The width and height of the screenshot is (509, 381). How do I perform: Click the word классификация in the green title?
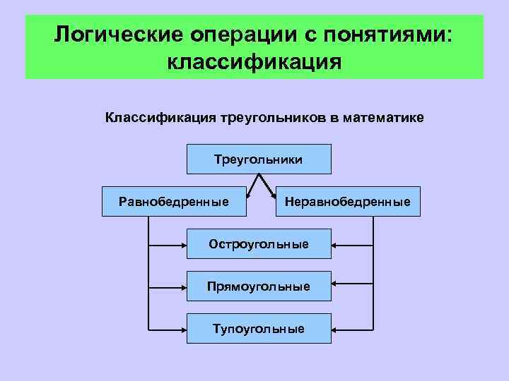coord(255,61)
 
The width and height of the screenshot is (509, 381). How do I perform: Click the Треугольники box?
coord(259,159)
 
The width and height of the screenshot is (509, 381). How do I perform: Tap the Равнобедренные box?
coord(174,202)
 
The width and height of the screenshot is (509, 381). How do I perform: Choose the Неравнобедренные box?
coord(347,202)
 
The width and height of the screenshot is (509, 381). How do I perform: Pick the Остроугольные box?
coord(259,244)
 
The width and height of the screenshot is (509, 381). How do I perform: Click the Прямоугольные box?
coord(259,286)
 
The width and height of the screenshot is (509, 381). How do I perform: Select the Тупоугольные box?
coord(259,329)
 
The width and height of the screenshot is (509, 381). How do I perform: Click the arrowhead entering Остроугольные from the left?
coord(183,244)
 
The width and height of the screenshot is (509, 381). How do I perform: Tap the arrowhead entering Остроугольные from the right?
coord(335,244)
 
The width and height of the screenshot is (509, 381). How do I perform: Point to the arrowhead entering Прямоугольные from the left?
coord(183,286)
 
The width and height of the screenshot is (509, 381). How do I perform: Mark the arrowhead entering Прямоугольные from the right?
coord(335,286)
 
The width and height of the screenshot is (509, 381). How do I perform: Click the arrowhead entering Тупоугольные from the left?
coord(183,329)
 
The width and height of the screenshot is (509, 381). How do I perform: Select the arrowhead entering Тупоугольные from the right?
coord(335,329)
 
